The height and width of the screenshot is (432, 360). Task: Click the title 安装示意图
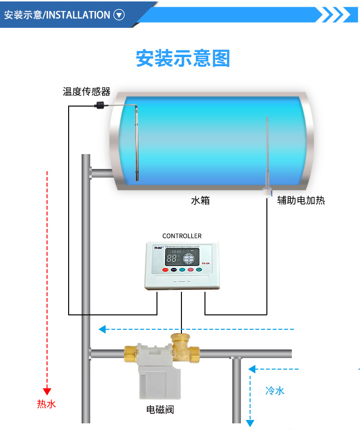click(x=183, y=58)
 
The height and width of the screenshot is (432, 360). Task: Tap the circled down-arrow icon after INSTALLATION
click(x=119, y=15)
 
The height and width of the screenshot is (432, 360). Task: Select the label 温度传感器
click(x=86, y=91)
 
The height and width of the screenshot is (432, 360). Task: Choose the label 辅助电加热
click(x=301, y=201)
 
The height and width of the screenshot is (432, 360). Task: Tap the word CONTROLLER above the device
click(x=182, y=236)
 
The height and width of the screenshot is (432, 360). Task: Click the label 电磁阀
click(x=160, y=409)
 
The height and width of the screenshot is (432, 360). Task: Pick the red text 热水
click(x=47, y=404)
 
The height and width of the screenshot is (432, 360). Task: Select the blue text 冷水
click(x=275, y=391)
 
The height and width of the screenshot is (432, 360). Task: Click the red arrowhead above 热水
click(x=47, y=391)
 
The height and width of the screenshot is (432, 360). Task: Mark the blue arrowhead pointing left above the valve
click(x=102, y=329)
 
